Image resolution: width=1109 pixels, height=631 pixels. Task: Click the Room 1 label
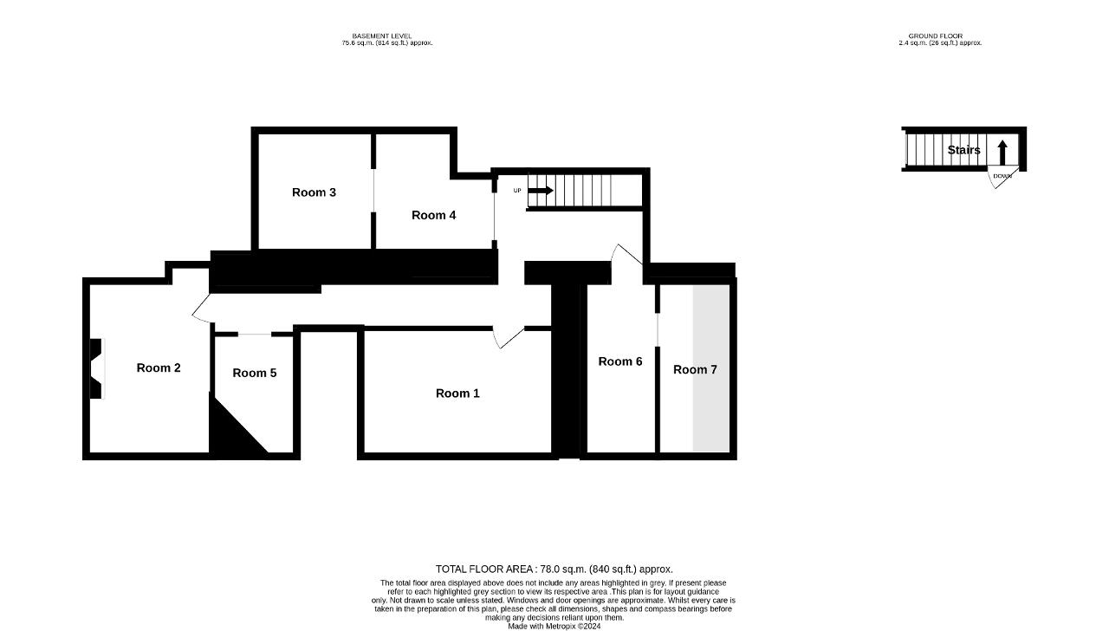coord(457,394)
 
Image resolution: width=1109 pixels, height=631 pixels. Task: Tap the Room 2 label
coord(159,368)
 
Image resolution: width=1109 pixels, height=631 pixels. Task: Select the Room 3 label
coord(314,192)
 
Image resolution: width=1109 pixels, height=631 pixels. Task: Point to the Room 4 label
coord(434,215)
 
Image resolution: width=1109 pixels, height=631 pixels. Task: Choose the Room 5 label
coord(255,373)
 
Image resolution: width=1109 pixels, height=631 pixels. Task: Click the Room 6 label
coord(620,361)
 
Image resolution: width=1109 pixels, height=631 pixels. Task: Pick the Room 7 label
coord(695,369)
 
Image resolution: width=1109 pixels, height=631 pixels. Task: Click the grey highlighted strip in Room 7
coord(711,368)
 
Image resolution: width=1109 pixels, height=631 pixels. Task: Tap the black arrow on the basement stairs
coord(541,190)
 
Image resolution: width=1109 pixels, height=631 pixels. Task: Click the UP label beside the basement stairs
coord(517,191)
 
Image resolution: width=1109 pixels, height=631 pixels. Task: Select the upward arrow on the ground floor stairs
coord(1002,153)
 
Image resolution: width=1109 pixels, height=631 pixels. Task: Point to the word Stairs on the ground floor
coord(964,150)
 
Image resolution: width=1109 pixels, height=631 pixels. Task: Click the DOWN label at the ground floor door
coord(1002,176)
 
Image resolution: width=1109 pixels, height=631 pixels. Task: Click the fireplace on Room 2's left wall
coord(97,368)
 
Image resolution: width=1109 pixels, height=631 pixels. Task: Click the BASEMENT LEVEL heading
coord(382,36)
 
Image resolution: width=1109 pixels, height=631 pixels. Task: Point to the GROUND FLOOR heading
coord(936,36)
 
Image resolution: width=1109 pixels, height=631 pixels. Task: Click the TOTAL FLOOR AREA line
coord(554,569)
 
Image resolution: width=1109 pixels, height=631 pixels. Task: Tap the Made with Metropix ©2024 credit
coord(554,627)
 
